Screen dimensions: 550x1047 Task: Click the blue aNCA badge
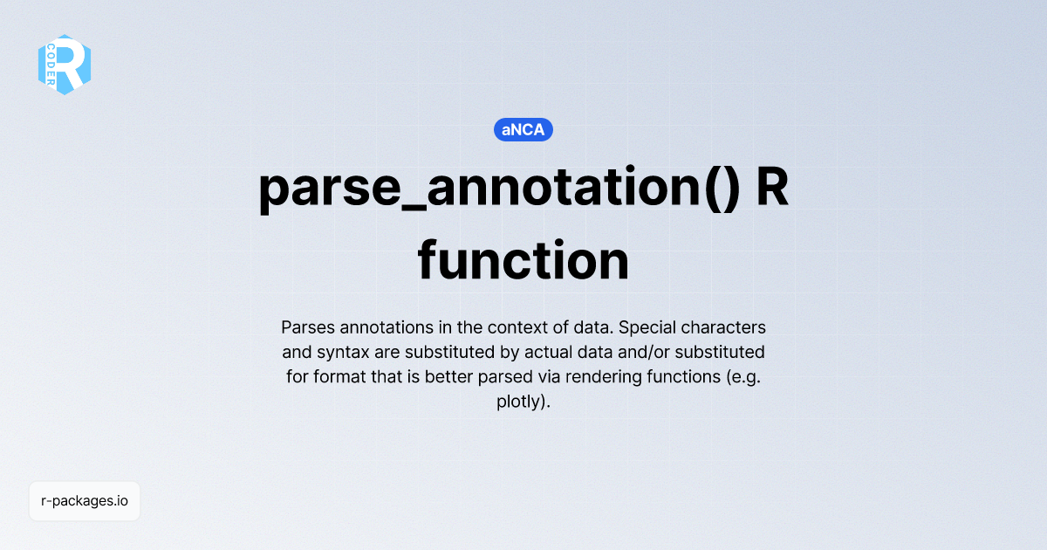pyautogui.click(x=523, y=130)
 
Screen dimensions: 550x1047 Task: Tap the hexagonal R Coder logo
pyautogui.click(x=65, y=65)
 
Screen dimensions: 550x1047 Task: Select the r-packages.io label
pyautogui.click(x=85, y=501)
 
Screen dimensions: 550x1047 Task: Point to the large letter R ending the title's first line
pyautogui.click(x=771, y=189)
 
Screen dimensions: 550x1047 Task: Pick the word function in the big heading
pyautogui.click(x=523, y=261)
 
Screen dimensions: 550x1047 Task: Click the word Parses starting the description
pyautogui.click(x=308, y=328)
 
